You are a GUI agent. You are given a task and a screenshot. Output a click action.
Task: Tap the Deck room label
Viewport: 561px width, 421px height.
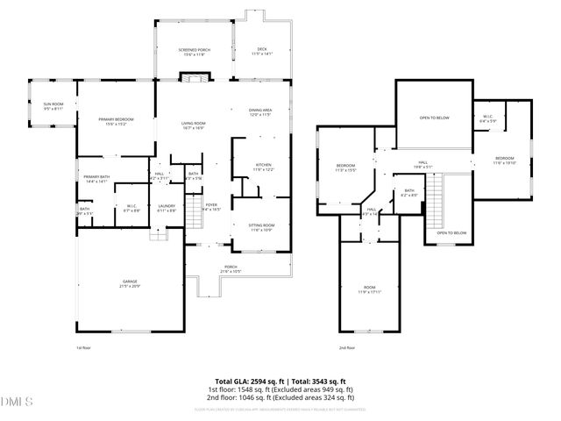tap(262, 51)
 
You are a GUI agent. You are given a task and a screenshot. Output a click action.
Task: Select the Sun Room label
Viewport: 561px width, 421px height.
tap(53, 106)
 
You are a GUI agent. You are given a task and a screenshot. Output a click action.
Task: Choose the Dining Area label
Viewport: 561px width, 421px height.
tap(261, 111)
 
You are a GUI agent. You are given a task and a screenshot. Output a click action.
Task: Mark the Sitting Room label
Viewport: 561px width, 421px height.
tap(263, 227)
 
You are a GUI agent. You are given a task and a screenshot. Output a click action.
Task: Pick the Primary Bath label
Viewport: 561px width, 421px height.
tap(96, 180)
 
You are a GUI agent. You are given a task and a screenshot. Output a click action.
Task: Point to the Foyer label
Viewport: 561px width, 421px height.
tap(211, 207)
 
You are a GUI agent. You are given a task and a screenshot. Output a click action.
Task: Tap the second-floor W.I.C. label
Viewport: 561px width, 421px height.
tap(489, 118)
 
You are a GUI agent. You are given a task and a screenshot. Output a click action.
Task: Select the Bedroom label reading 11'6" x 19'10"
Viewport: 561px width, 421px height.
tap(504, 161)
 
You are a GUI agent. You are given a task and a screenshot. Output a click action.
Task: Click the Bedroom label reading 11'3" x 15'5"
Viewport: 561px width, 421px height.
tap(345, 168)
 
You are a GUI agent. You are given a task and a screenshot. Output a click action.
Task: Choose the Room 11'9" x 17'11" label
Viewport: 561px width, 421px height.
tap(368, 290)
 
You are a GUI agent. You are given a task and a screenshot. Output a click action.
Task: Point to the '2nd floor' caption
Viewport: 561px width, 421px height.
tap(347, 347)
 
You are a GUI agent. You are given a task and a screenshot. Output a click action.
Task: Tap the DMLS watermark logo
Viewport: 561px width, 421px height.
tap(15, 402)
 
